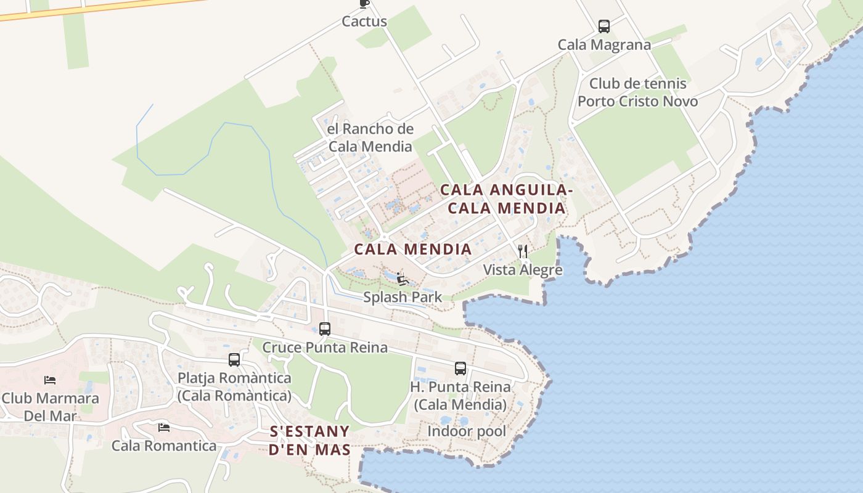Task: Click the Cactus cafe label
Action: (x=364, y=22)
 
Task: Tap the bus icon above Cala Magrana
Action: (x=604, y=26)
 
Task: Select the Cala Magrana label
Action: (x=604, y=45)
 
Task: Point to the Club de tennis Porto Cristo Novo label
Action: (x=638, y=92)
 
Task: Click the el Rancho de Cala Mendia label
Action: (x=370, y=137)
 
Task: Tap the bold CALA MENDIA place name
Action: (x=413, y=250)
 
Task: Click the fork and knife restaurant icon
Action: (x=523, y=251)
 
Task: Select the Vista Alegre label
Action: (x=523, y=270)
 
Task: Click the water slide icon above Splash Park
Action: (x=403, y=279)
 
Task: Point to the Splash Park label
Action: (x=403, y=297)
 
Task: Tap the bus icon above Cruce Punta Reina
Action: (x=325, y=329)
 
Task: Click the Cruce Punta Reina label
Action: (x=325, y=348)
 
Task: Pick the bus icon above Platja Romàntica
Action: (x=234, y=360)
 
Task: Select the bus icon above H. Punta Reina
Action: (x=460, y=369)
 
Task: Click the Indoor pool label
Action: (x=467, y=431)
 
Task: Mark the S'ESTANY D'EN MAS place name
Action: (x=310, y=440)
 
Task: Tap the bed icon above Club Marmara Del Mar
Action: (x=50, y=380)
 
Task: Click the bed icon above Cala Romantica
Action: (x=163, y=427)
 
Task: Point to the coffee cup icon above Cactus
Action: (x=364, y=4)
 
